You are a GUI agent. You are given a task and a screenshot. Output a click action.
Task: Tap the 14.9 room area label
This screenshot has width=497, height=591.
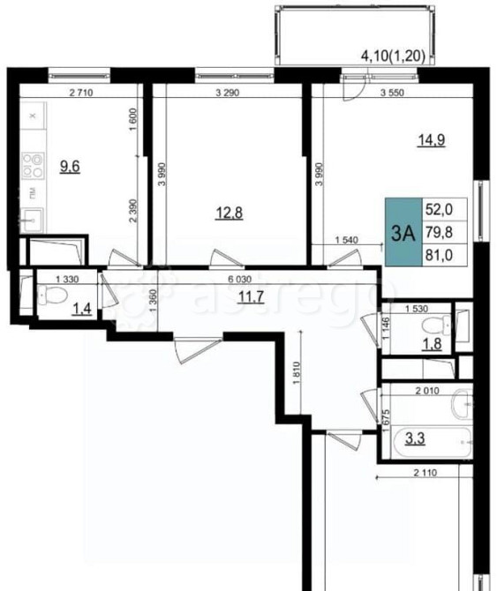pos(429,138)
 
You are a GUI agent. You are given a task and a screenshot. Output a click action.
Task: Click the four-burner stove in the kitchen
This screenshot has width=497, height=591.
pos(34,167)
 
